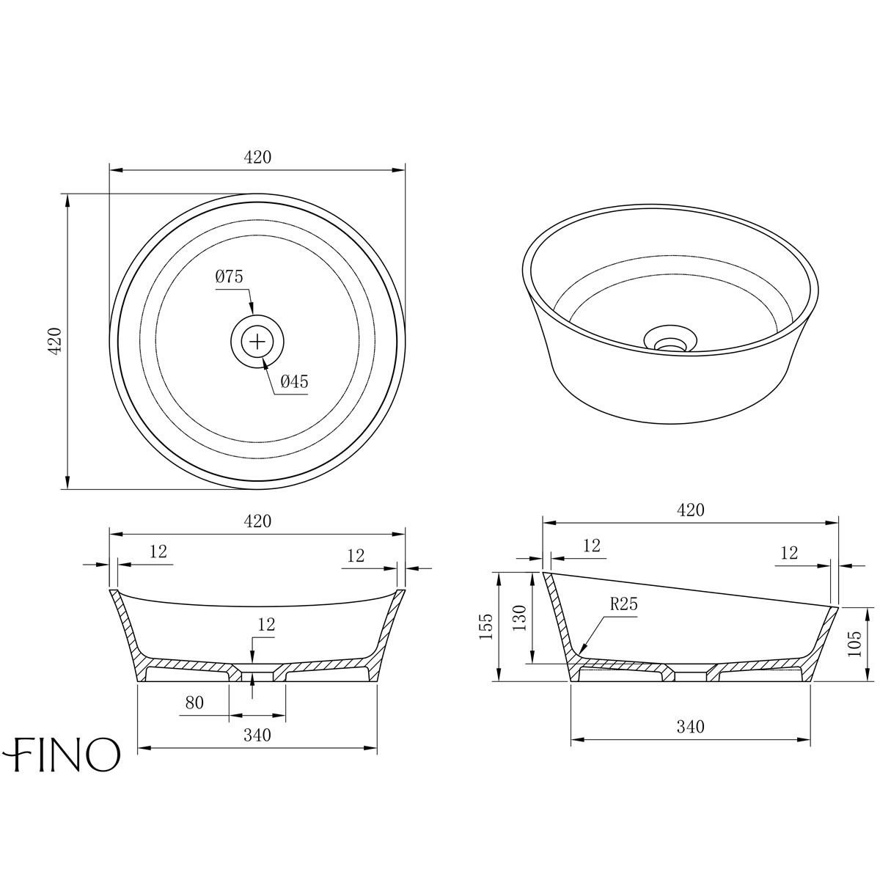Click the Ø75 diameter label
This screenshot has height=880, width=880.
pos(229,277)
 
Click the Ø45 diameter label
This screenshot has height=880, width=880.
pos(294,381)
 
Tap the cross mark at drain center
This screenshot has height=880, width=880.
pos(257,341)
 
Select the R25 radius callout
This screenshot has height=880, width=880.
pos(623,605)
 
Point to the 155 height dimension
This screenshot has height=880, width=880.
pos(485,627)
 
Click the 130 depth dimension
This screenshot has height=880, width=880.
pos(518,618)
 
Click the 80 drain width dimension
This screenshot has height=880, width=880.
pos(194,703)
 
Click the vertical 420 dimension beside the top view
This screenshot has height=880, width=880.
pos(53,341)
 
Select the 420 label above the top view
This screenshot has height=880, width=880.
pos(257,157)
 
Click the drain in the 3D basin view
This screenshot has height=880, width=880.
pos(668,342)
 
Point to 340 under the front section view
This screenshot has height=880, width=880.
pos(257,735)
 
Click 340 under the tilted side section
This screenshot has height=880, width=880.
pos(690,727)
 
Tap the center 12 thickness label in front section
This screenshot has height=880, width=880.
pos(266,625)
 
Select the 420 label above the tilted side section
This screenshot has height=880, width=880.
pos(690,510)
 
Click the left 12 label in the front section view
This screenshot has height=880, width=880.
pos(158,552)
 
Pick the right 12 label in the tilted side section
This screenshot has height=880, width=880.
pos(789,554)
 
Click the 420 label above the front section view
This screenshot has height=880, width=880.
pos(257,521)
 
